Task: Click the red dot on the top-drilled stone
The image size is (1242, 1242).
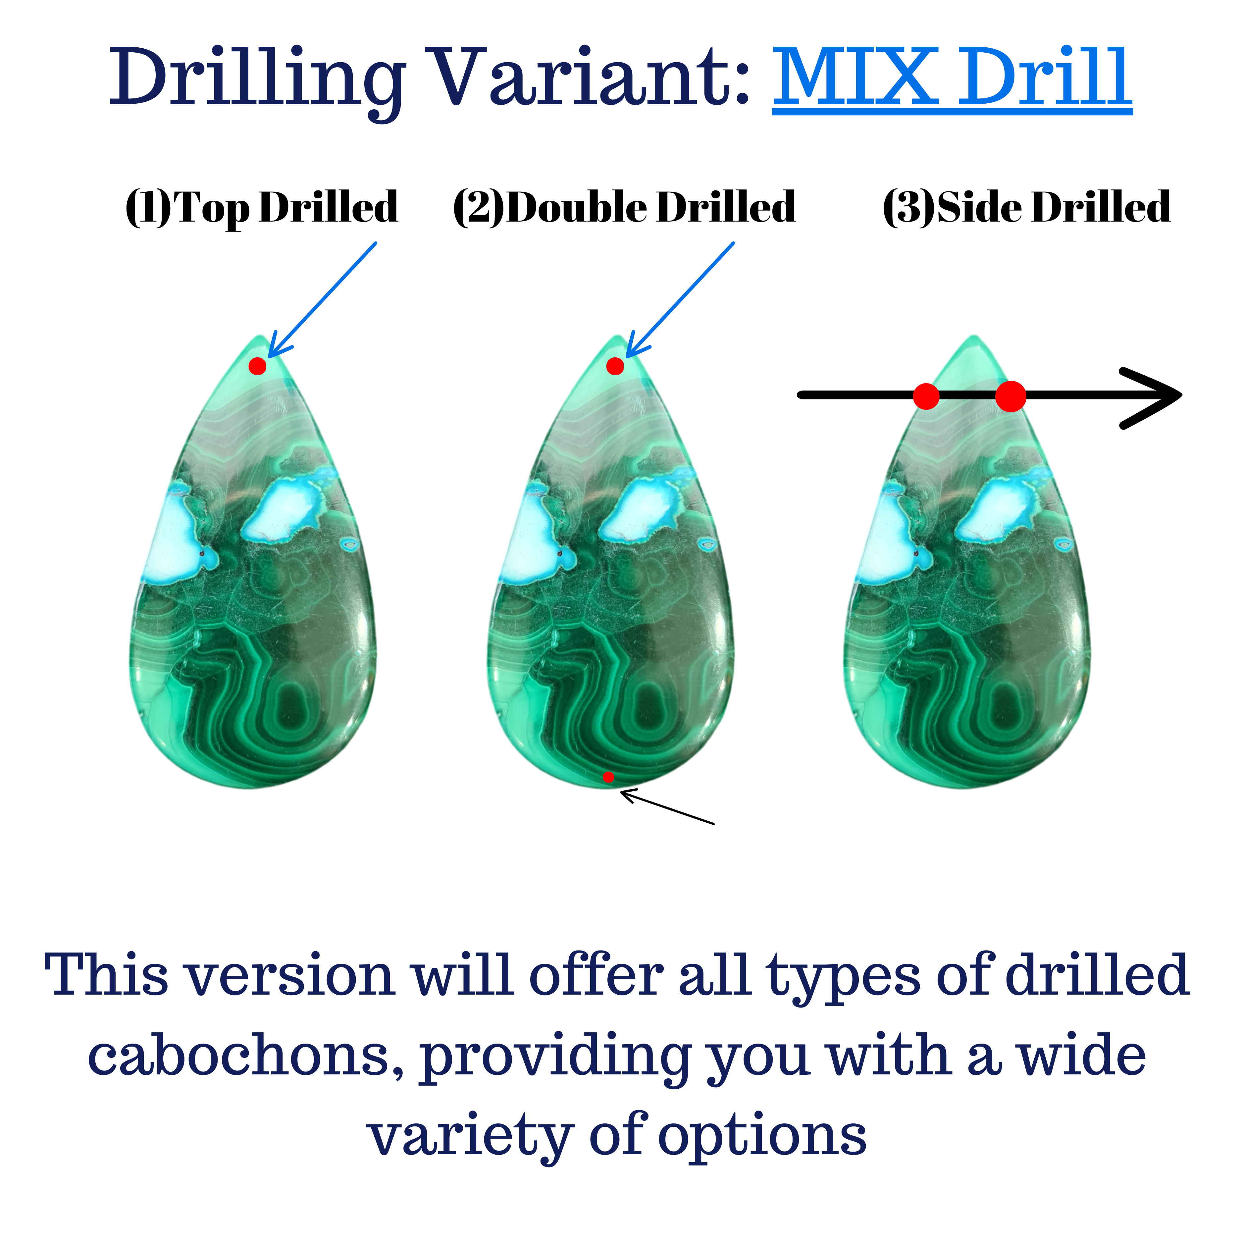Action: [x=257, y=366]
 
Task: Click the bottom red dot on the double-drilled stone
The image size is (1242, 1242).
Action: [x=608, y=777]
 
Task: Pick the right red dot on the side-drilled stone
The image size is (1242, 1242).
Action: [x=1010, y=396]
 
